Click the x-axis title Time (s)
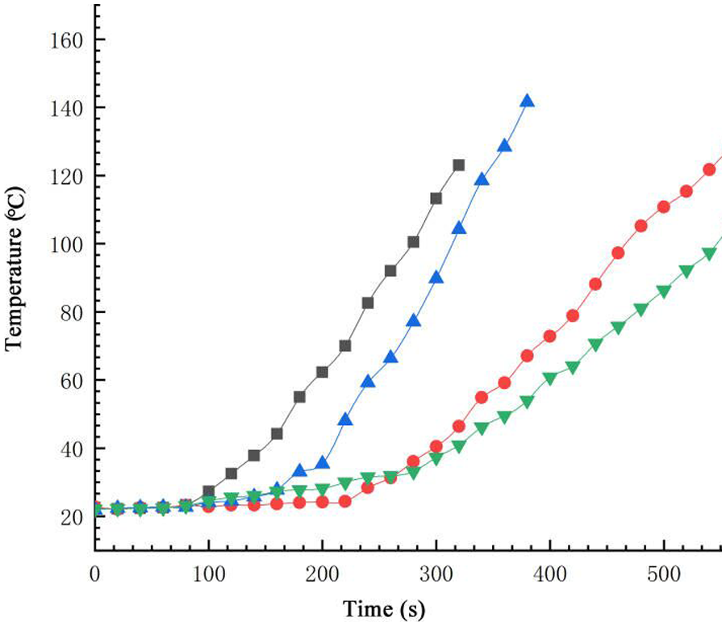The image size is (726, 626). pyautogui.click(x=384, y=607)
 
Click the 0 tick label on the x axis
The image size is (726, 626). pyautogui.click(x=95, y=575)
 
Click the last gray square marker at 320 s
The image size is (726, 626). pyautogui.click(x=459, y=165)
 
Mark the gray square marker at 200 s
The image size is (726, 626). pyautogui.click(x=323, y=372)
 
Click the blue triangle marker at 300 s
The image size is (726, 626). pyautogui.click(x=436, y=278)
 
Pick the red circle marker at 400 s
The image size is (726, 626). pyautogui.click(x=550, y=336)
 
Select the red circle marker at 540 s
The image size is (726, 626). pyautogui.click(x=709, y=169)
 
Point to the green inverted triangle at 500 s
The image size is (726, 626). pyautogui.click(x=664, y=291)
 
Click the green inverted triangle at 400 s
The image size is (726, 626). pyautogui.click(x=550, y=378)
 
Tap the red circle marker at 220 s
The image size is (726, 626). pyautogui.click(x=345, y=501)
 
